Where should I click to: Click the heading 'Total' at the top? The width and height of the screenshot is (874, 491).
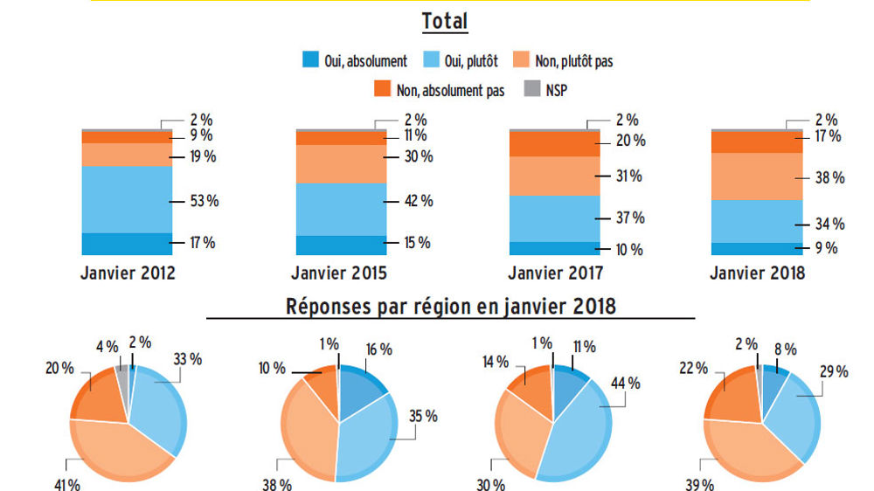coord(444,21)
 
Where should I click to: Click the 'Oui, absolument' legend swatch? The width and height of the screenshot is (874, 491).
coord(309,61)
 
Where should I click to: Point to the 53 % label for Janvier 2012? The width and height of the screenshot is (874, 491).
coord(205,201)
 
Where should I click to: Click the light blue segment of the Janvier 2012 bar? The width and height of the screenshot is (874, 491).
coord(127,199)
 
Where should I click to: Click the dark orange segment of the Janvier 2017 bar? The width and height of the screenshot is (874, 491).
coord(554,143)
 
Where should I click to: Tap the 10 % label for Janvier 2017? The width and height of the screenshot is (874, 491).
coord(629,250)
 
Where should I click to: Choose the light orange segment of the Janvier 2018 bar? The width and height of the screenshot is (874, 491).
coord(756,176)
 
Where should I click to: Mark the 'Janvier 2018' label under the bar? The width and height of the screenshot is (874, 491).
coord(757,273)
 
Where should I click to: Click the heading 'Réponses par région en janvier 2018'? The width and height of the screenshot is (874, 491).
coord(450,307)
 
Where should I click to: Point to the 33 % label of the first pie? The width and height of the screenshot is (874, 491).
coord(187,359)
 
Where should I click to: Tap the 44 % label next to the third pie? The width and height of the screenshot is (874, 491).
coord(626,383)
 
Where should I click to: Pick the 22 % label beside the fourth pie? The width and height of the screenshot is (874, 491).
coord(695,369)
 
